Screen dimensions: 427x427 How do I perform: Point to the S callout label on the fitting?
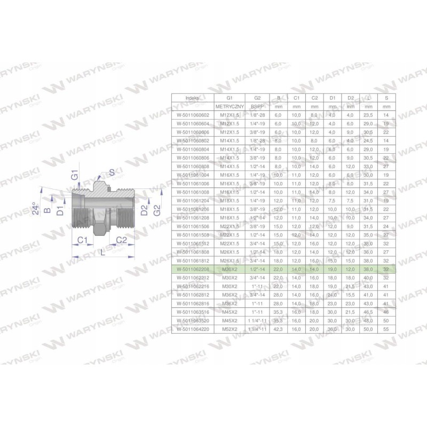pyautogui.click(x=111, y=171)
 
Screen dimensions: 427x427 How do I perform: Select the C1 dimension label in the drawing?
pyautogui.click(x=82, y=240)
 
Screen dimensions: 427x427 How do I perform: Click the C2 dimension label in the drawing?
pyautogui.click(x=121, y=240)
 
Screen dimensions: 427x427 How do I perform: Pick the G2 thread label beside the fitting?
pyautogui.click(x=156, y=210)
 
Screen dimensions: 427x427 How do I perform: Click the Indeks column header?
pyautogui.click(x=192, y=98)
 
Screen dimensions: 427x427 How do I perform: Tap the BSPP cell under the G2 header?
pyautogui.click(x=257, y=107)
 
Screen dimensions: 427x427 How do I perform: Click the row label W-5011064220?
pyautogui.click(x=192, y=329)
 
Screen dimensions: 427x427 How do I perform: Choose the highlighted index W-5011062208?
pyautogui.click(x=192, y=270)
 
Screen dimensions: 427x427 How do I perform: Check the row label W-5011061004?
pyautogui.click(x=192, y=175)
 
